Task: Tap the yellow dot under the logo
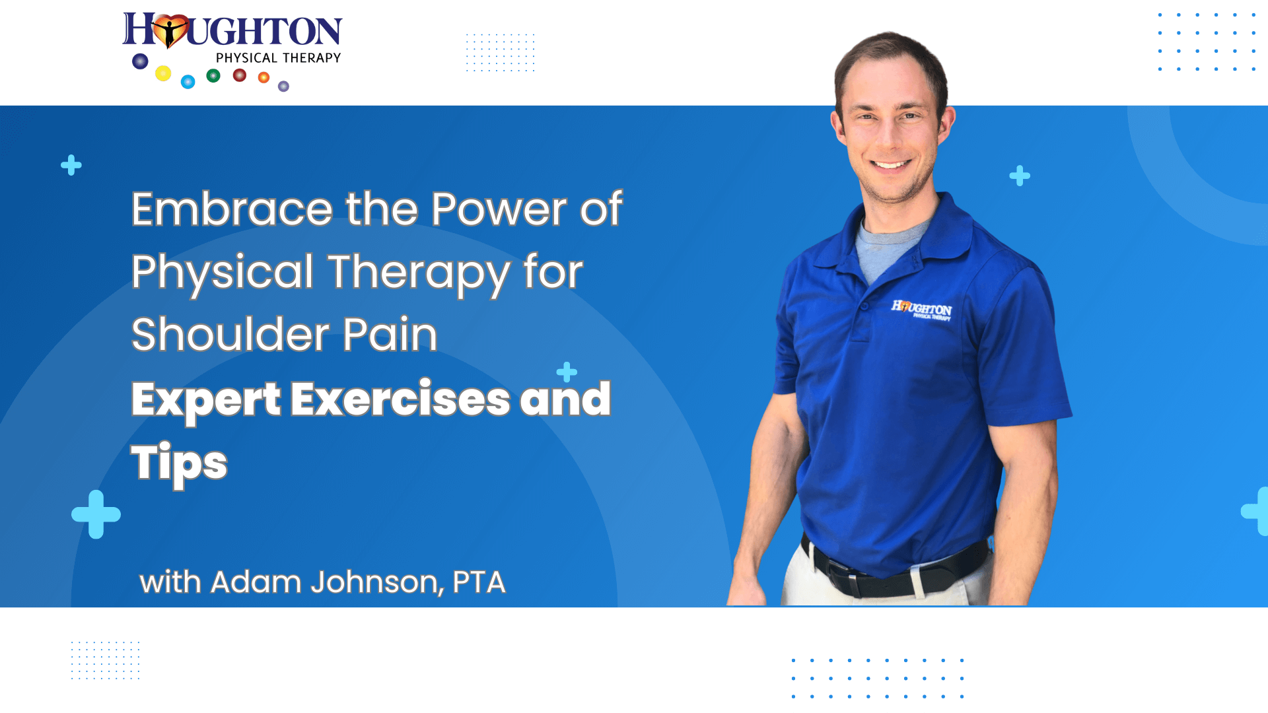pyautogui.click(x=163, y=73)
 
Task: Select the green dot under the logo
pyautogui.click(x=213, y=76)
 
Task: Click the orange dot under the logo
pyautogui.click(x=264, y=78)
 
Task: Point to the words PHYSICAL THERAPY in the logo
pyautogui.click(x=278, y=58)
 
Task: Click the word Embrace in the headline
pyautogui.click(x=232, y=209)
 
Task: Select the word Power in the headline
pyautogui.click(x=499, y=209)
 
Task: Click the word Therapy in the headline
pyautogui.click(x=419, y=273)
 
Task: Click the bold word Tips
pyautogui.click(x=179, y=463)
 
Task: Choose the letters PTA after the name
pyautogui.click(x=479, y=582)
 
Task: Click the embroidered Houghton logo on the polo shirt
pyautogui.click(x=922, y=309)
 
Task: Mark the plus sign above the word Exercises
pyautogui.click(x=567, y=372)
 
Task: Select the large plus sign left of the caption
pyautogui.click(x=96, y=514)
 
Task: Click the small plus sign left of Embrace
pyautogui.click(x=71, y=165)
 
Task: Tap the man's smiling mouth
pyautogui.click(x=891, y=164)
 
